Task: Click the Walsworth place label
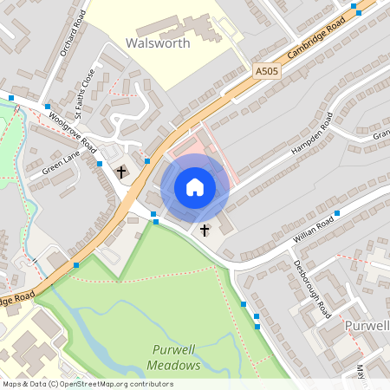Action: click(158, 42)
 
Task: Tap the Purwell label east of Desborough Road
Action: click(364, 324)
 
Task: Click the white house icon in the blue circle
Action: click(195, 187)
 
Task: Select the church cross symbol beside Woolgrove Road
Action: click(121, 172)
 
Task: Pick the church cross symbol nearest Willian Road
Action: click(205, 231)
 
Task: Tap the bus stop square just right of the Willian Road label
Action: click(337, 212)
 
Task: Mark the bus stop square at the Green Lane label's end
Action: click(101, 162)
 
